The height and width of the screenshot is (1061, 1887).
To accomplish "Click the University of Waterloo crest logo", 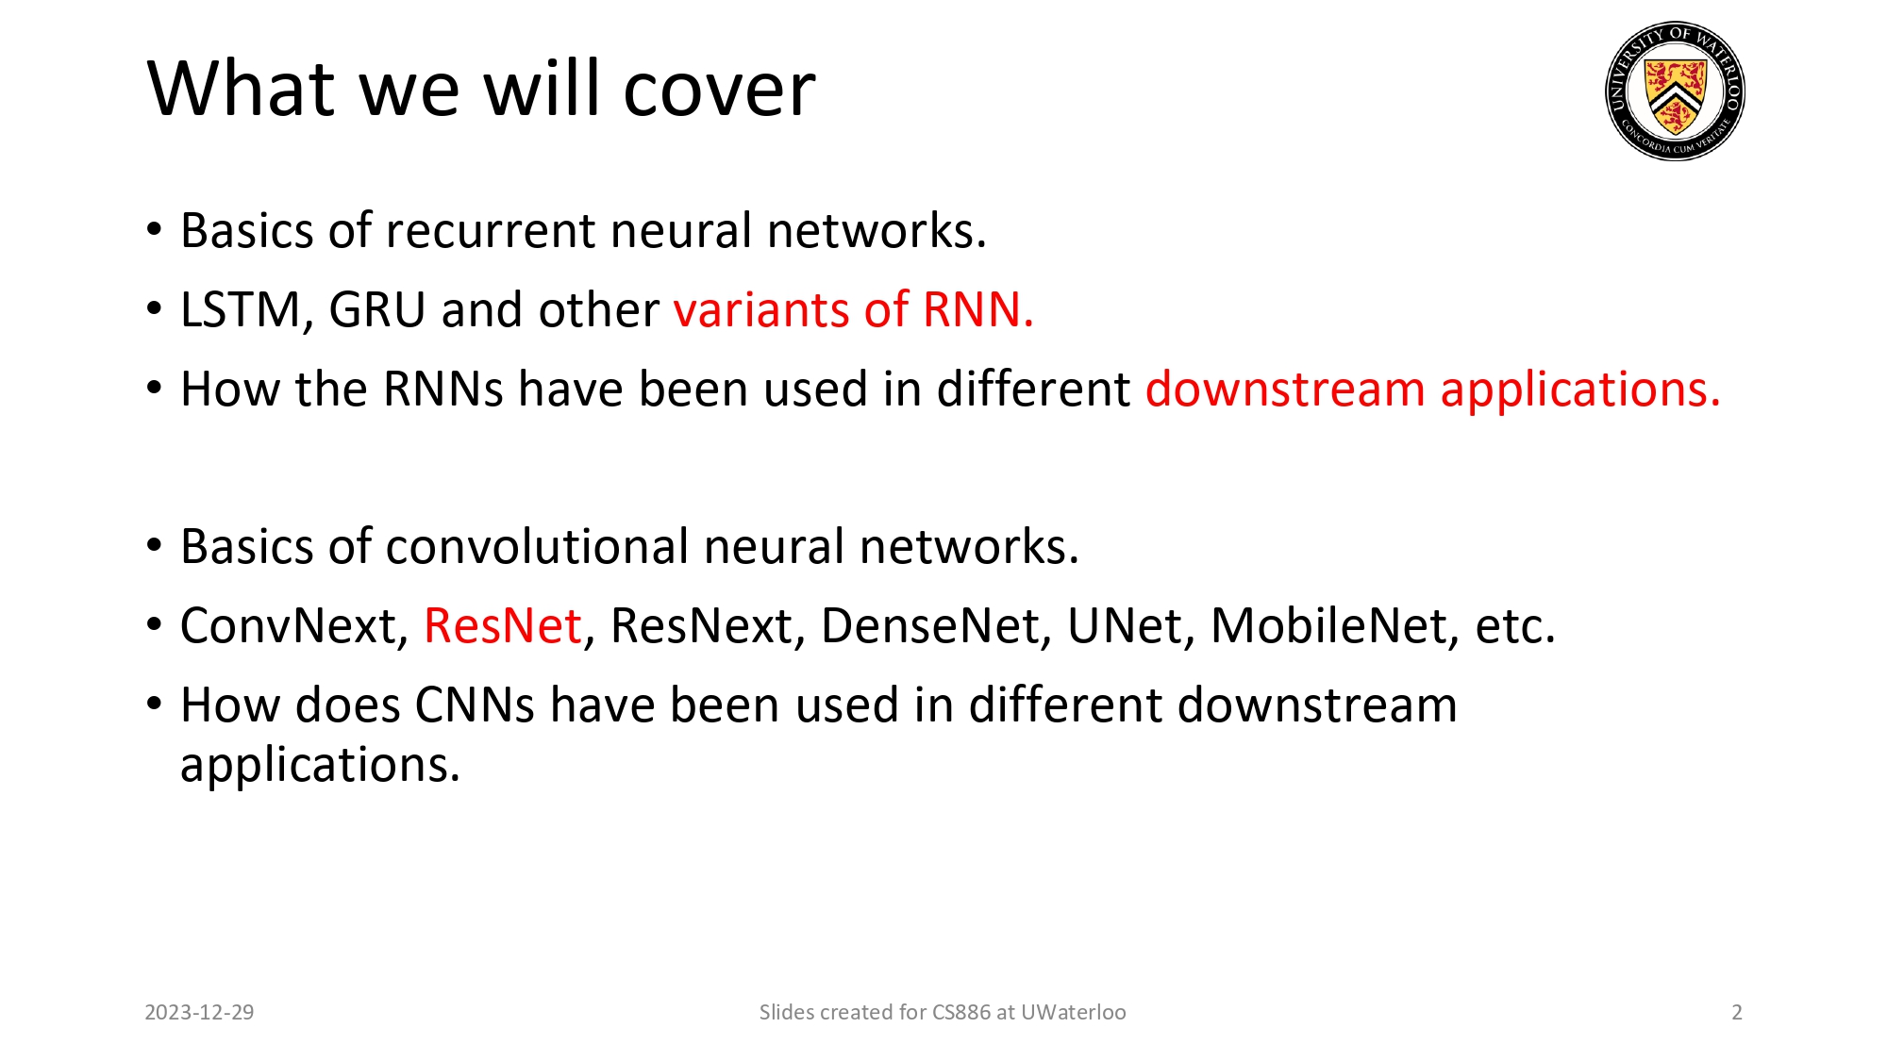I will [x=1675, y=91].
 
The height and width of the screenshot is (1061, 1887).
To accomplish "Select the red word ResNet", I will [x=503, y=626].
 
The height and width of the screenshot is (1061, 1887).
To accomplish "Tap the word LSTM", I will [x=241, y=310].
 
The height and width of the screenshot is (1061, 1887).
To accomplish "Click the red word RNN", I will [x=977, y=310].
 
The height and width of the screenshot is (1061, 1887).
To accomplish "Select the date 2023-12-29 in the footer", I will [x=199, y=1013].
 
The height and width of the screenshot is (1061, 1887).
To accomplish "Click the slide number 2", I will [x=1736, y=1013].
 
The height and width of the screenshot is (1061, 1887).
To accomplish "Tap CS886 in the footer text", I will [x=960, y=1013].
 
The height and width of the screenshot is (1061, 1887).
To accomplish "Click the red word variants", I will [x=761, y=310].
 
